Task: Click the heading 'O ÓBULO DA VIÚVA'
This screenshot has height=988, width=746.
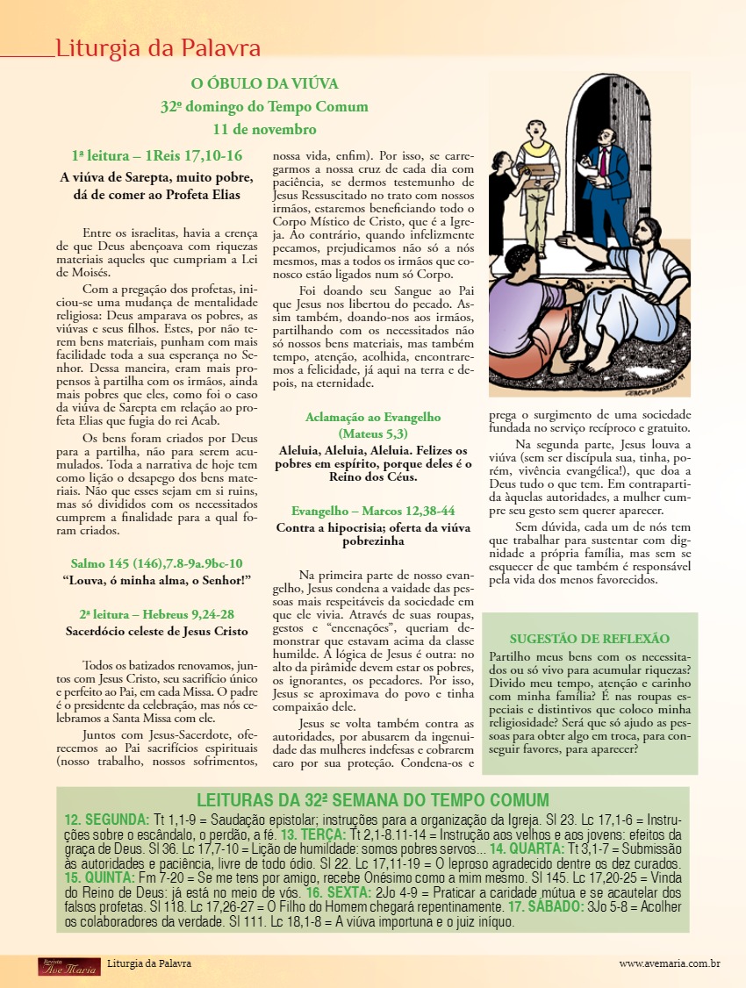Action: click(264, 84)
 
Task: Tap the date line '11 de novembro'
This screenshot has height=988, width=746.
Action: click(264, 130)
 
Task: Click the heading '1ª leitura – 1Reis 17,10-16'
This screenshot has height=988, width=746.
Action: click(157, 156)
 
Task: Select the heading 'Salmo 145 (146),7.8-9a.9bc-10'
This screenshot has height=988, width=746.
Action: click(157, 563)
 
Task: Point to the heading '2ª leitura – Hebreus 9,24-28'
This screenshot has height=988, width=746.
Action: click(157, 614)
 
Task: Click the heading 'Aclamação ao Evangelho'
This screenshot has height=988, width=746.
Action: click(373, 418)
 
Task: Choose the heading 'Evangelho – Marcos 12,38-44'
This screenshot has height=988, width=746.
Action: click(373, 511)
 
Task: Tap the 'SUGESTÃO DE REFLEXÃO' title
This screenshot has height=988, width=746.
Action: click(589, 639)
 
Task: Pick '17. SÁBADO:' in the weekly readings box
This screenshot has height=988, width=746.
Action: click(545, 906)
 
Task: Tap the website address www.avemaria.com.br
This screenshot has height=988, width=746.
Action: click(670, 963)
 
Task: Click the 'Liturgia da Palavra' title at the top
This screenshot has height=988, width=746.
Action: click(158, 47)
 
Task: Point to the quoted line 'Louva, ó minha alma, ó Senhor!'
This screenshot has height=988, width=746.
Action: click(157, 581)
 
